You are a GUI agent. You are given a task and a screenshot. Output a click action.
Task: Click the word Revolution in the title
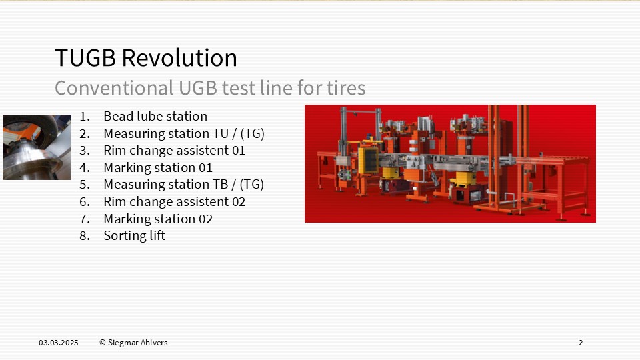[x=179, y=57]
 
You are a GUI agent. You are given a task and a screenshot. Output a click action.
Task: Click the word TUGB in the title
[x=85, y=57]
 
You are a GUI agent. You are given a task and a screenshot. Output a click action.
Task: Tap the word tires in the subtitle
[x=346, y=88]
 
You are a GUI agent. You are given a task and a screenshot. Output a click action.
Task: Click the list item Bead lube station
[x=155, y=116]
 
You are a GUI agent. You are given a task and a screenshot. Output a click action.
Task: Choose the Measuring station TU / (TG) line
[x=184, y=133]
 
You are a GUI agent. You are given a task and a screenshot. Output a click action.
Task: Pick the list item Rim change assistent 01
[x=174, y=150]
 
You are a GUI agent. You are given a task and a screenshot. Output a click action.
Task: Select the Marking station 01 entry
[x=158, y=167]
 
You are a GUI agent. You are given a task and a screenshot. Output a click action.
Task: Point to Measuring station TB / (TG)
[x=184, y=185]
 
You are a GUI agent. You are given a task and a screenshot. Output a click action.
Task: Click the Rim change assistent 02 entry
[x=174, y=201]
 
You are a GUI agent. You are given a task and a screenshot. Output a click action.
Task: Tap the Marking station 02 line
[x=158, y=219]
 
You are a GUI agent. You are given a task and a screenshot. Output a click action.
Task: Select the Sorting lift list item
[x=134, y=235]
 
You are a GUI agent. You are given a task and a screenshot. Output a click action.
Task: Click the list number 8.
[x=85, y=236]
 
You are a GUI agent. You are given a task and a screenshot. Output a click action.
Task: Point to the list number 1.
[x=85, y=117]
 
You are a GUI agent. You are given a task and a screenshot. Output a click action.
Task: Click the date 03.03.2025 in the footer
[x=59, y=343]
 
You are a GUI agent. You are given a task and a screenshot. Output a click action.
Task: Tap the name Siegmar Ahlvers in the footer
[x=137, y=343]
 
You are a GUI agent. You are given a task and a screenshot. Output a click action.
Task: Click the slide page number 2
[x=581, y=343]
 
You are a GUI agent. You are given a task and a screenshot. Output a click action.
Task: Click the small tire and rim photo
[x=37, y=147]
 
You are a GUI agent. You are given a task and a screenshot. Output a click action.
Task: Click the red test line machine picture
[x=450, y=164]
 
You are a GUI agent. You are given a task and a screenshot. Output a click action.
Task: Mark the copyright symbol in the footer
[x=103, y=343]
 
